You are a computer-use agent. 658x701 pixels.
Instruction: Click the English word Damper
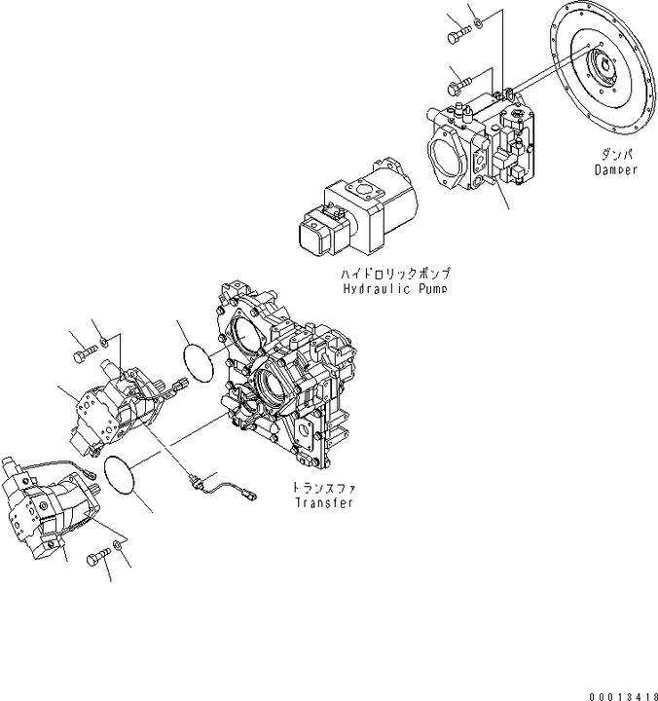615,169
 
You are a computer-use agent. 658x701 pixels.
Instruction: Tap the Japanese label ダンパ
614,155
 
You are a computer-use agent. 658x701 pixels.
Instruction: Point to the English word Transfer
324,502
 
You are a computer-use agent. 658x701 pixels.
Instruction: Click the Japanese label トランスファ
324,487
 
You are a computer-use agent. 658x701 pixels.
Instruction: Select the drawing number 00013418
623,694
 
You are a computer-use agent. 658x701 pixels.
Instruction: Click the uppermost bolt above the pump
458,36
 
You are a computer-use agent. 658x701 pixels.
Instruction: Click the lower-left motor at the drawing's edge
43,511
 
